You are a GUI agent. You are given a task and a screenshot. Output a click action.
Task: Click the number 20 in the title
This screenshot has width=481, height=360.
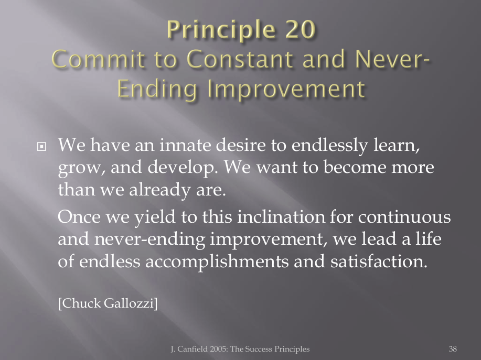point(300,29)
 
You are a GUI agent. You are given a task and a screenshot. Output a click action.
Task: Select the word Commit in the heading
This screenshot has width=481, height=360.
point(98,59)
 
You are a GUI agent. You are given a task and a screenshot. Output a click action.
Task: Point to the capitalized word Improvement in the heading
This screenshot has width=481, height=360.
point(286,89)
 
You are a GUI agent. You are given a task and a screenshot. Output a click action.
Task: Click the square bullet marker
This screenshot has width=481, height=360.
point(41,146)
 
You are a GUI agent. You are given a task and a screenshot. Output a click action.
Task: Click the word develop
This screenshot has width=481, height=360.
point(180,168)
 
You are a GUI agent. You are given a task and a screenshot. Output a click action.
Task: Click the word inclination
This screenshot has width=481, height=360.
point(281,216)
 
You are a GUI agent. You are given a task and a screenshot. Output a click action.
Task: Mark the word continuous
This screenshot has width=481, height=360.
point(404,216)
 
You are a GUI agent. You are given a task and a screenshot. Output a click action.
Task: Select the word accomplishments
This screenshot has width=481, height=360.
point(217,262)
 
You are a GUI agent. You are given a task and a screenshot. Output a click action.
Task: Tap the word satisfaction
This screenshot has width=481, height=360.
point(379,261)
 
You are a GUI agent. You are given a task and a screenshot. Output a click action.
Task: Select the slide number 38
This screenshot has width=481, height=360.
point(453,348)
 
